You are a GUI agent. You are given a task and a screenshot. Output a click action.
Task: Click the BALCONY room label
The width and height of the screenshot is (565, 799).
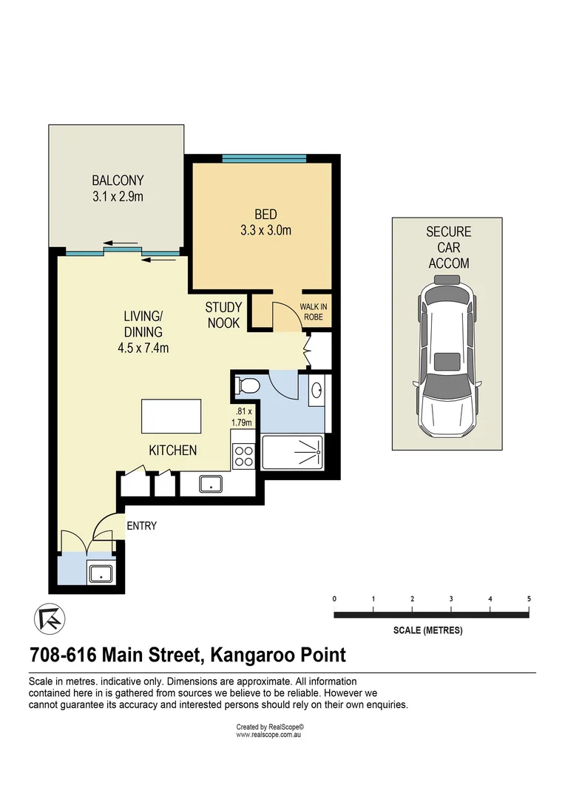(118, 180)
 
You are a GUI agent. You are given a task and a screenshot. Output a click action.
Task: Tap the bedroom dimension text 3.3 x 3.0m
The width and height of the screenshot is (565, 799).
(265, 230)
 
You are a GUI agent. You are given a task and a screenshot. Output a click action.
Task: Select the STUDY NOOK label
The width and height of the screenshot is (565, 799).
(223, 315)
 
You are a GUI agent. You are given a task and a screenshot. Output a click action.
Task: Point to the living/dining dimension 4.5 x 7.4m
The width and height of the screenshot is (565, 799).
(143, 348)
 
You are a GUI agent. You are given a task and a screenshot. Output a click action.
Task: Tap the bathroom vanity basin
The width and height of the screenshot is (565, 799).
(316, 390)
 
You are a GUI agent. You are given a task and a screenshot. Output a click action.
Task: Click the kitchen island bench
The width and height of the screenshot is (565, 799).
(172, 417)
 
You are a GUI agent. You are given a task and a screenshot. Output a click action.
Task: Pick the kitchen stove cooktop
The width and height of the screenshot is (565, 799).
(243, 454)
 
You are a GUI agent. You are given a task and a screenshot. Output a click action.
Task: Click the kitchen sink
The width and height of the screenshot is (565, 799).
(211, 485)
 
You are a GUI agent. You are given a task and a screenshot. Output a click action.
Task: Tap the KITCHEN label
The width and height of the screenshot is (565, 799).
(173, 450)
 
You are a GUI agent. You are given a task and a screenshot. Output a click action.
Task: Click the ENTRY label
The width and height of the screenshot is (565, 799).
(142, 526)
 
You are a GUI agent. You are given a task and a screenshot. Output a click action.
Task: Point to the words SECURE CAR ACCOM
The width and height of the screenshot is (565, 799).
(447, 247)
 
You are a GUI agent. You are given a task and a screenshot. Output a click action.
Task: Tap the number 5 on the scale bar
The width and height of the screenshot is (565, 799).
(529, 598)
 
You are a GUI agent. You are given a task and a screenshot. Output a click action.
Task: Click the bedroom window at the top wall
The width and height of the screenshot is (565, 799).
(264, 158)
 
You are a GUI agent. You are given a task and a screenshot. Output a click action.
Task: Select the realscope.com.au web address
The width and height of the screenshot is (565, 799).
(270, 735)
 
